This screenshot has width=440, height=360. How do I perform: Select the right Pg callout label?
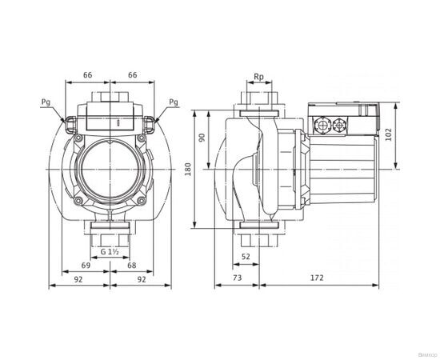(x=174, y=102)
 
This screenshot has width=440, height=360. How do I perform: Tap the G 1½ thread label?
(x=110, y=252)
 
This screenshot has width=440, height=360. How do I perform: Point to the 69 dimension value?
(x=86, y=265)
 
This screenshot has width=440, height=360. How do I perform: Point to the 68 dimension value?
(x=132, y=265)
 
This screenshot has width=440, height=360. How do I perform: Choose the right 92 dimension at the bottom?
(x=141, y=281)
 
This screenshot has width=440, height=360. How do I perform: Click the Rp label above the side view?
(x=258, y=78)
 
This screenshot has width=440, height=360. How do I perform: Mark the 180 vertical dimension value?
(x=188, y=170)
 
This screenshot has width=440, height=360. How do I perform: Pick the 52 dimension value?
(x=247, y=256)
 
